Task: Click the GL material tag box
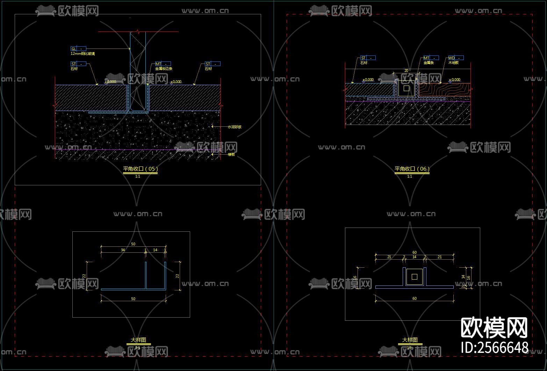point(78,49)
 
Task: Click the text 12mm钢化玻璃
point(82,54)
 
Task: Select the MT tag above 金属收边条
point(163,64)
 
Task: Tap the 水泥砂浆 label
point(234,127)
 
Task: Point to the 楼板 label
point(231,154)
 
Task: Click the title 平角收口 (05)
point(140,169)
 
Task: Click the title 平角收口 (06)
point(412,169)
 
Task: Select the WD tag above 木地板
point(456,58)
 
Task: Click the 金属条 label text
point(429,63)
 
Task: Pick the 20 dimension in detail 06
point(406,71)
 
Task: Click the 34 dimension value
point(123,250)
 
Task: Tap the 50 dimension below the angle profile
point(133,299)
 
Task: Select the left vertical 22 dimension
point(84,276)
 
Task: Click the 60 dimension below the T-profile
point(415,298)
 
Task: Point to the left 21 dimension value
point(389,257)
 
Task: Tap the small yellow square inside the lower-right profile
point(415,277)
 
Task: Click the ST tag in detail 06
point(368,58)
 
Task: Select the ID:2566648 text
point(495,348)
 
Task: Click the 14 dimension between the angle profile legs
point(155,250)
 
